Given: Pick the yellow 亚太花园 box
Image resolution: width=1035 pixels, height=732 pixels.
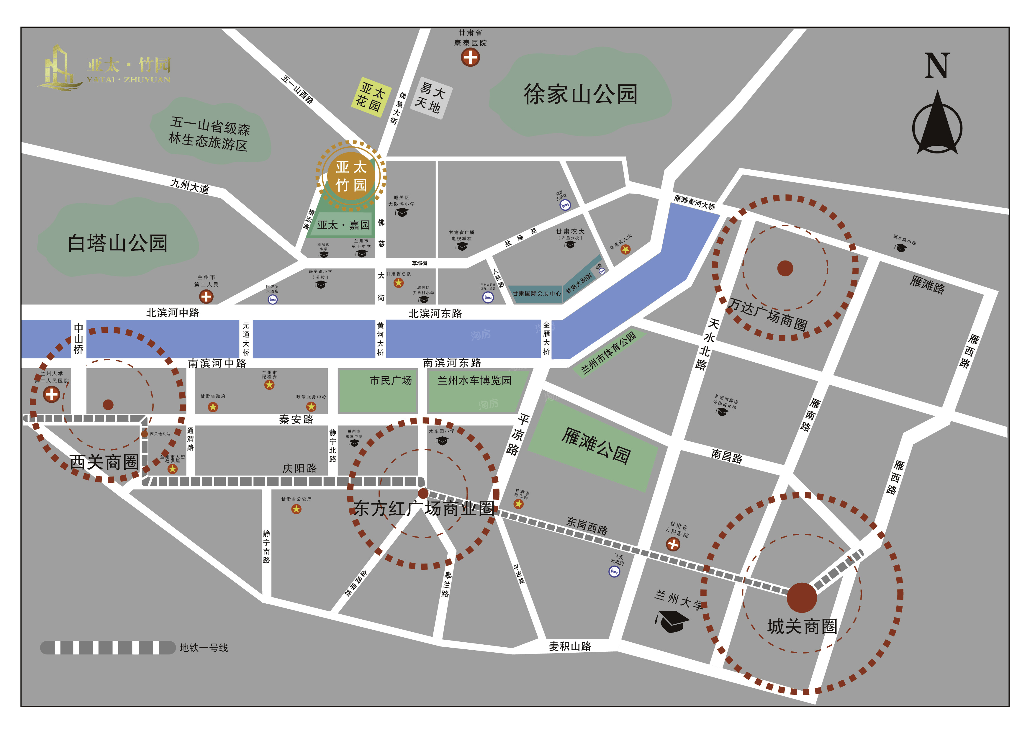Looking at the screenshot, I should pyautogui.click(x=371, y=97).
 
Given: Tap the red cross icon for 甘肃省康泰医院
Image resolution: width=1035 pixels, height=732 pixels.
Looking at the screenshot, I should pyautogui.click(x=470, y=57).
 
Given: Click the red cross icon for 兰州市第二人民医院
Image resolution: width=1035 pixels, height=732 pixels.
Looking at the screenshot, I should pyautogui.click(x=206, y=297).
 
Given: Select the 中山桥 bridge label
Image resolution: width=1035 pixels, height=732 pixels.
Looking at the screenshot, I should pyautogui.click(x=78, y=338).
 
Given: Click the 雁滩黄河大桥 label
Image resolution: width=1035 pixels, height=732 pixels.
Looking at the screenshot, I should pyautogui.click(x=694, y=202).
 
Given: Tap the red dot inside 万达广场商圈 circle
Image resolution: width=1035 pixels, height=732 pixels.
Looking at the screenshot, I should pyautogui.click(x=785, y=268).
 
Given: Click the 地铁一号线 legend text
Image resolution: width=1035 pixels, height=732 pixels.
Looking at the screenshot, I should pyautogui.click(x=204, y=648).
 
